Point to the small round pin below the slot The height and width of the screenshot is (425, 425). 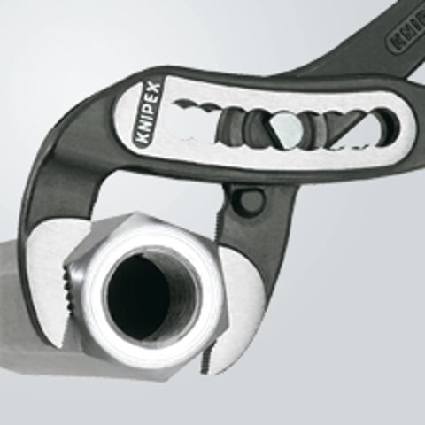[251, 201]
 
